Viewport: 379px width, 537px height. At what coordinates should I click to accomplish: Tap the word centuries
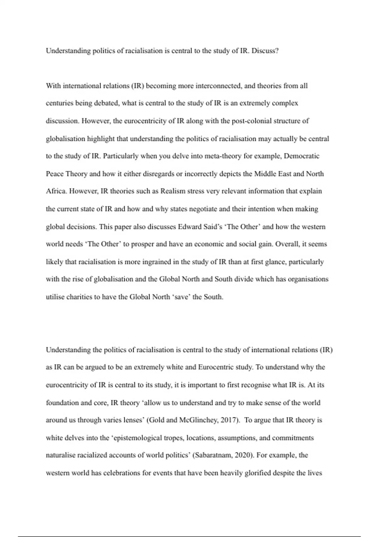click(x=60, y=103)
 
